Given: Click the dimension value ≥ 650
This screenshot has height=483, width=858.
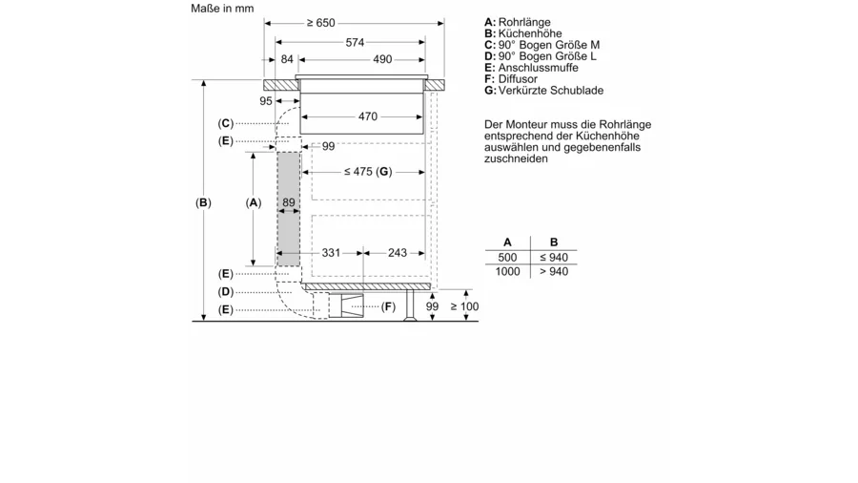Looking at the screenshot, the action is [320, 23].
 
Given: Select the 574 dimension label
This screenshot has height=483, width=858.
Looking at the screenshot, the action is [355, 42].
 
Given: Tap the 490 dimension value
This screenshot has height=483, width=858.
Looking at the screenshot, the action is [382, 59].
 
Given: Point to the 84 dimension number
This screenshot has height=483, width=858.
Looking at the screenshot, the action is [287, 59].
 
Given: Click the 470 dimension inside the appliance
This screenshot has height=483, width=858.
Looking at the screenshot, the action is [368, 116].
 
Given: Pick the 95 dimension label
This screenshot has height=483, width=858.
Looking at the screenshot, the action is [266, 101].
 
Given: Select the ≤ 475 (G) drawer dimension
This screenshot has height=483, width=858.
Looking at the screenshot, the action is [368, 172].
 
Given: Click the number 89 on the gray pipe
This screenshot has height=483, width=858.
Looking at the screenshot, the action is [288, 202].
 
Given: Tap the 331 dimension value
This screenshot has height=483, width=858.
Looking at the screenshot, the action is [331, 252].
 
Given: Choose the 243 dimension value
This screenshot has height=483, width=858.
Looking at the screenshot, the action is [398, 252].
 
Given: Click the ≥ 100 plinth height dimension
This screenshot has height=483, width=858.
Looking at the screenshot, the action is [464, 306].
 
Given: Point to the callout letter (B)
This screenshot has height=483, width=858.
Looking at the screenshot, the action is [203, 202].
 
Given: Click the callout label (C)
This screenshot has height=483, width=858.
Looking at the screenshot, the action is [225, 123].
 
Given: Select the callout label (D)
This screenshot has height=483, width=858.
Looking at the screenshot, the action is [225, 292].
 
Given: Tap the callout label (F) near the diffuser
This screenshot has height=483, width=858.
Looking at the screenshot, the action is [388, 306].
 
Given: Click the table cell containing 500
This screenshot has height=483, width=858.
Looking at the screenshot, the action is [507, 258].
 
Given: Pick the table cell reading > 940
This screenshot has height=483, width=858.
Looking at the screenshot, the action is [554, 272].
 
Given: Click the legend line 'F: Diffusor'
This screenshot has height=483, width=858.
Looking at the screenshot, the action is [511, 79].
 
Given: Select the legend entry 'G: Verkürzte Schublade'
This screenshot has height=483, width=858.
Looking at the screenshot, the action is [544, 91].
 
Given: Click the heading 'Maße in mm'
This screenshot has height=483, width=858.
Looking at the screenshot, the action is [222, 9].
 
